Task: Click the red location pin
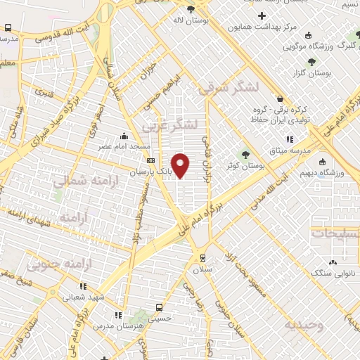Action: pyautogui.click(x=181, y=165)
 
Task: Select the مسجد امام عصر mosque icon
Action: pyautogui.click(x=124, y=136)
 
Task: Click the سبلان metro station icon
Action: pyautogui.click(x=202, y=257)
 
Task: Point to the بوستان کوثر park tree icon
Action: pyautogui.click(x=246, y=155)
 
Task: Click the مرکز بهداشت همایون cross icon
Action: pyautogui.click(x=262, y=15)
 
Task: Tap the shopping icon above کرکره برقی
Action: pyautogui.click(x=281, y=99)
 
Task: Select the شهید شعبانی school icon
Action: pyautogui.click(x=82, y=286)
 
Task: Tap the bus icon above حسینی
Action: pyautogui.click(x=159, y=307)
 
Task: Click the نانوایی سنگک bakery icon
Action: pyautogui.click(x=333, y=262)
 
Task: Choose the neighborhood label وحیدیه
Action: pyautogui.click(x=303, y=325)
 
